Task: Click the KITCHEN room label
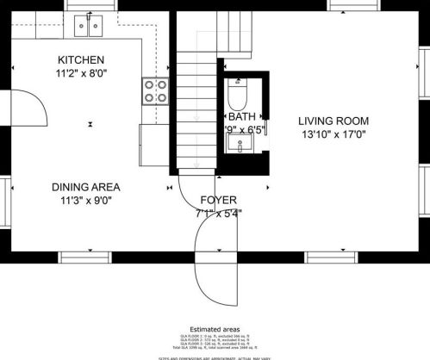click(x=81, y=59)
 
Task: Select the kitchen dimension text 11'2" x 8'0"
click(x=81, y=74)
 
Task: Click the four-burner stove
click(x=155, y=90)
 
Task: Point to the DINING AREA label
click(x=85, y=186)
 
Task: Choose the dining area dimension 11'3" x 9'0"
click(x=85, y=201)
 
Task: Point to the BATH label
click(x=241, y=116)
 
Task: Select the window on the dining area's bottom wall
click(x=83, y=255)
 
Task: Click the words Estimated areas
click(x=215, y=328)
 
